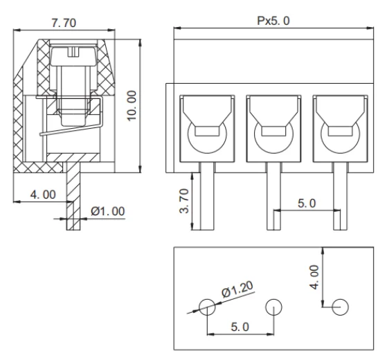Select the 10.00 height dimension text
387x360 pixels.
pos(132,105)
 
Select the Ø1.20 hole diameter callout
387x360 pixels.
pos(238,290)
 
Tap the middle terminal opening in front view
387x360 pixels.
pos(273,127)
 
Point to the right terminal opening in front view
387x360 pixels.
pos(339,127)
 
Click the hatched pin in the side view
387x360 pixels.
pos(71,201)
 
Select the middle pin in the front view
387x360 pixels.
pos(273,198)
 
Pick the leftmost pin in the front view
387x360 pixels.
pos(206,198)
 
